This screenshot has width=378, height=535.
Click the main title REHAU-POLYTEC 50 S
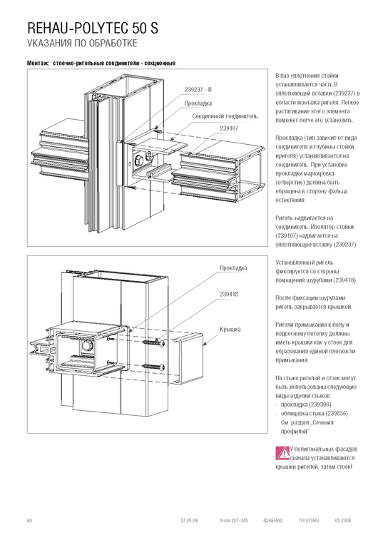click(93, 29)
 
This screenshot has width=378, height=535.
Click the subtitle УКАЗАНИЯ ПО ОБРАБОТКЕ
click(82, 44)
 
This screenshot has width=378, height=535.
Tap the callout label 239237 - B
click(198, 90)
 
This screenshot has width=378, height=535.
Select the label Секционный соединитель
click(225, 116)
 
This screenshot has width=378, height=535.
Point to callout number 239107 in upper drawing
click(229, 128)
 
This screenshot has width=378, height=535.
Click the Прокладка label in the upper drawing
click(198, 103)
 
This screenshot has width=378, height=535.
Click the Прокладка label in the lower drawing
click(233, 268)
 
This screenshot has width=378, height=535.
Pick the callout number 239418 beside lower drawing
click(229, 295)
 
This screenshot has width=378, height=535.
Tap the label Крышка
click(230, 330)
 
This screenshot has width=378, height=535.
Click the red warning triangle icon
click(282, 453)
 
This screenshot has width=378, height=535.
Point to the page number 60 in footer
click(29, 521)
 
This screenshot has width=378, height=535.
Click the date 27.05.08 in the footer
click(189, 521)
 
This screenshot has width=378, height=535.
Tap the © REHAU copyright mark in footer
click(273, 521)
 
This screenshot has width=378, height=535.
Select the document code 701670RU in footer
click(309, 521)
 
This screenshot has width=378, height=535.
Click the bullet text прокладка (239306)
click(306, 404)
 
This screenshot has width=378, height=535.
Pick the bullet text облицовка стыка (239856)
click(315, 414)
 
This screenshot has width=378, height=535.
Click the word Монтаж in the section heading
click(38, 63)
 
